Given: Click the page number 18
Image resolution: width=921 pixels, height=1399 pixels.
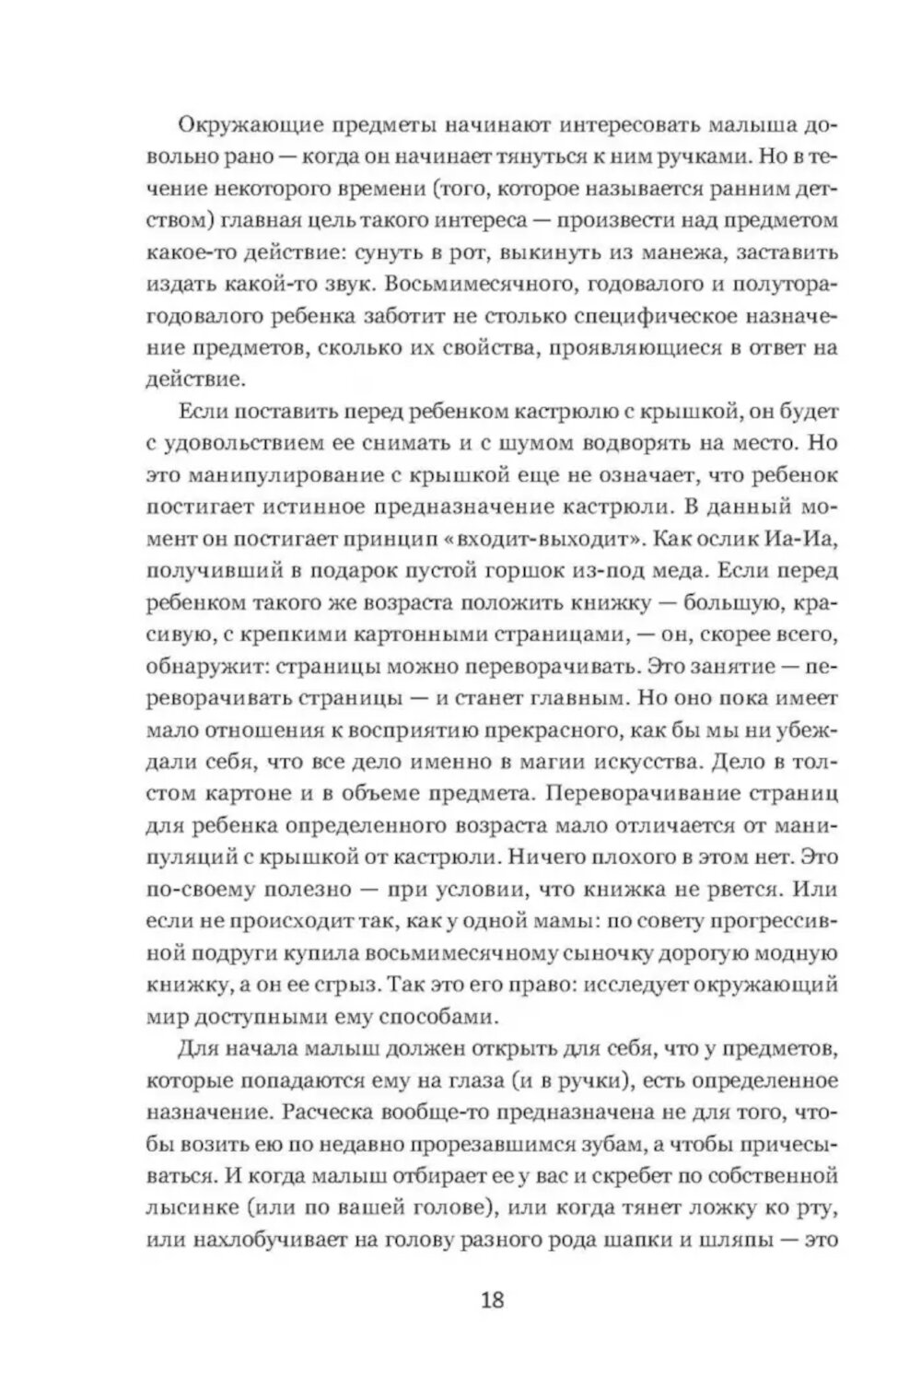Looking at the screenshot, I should pyautogui.click(x=493, y=1301).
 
